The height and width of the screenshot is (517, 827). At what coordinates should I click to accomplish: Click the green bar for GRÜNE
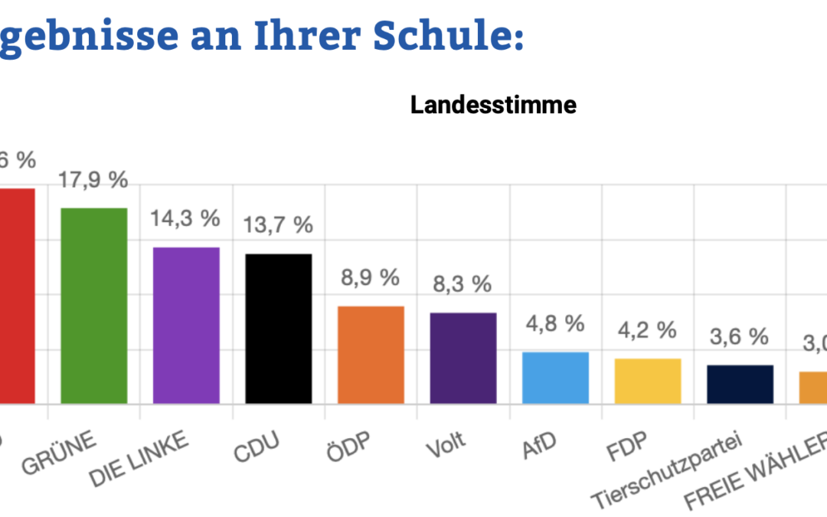(x=94, y=306)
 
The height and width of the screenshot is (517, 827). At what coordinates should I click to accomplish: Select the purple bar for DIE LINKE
(x=186, y=326)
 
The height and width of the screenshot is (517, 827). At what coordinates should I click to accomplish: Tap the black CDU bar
(x=279, y=329)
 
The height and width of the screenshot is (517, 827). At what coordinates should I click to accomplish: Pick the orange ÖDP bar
(x=371, y=355)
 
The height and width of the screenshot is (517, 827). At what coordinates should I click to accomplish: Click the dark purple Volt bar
(x=463, y=358)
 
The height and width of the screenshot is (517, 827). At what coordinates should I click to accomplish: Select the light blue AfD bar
(x=555, y=378)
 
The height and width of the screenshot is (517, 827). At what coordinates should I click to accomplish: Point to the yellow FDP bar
(x=648, y=381)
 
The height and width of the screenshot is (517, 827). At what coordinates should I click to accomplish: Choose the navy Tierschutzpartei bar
(x=740, y=384)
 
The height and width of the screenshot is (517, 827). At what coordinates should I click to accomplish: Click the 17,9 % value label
(x=93, y=182)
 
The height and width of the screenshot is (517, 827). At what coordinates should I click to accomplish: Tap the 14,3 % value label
(x=185, y=218)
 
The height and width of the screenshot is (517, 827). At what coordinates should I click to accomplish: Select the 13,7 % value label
(x=278, y=225)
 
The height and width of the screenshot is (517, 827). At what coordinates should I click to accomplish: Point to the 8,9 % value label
(x=370, y=277)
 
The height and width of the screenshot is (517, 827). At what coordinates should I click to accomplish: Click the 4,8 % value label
(x=555, y=323)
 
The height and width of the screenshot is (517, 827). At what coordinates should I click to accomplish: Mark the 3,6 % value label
(x=739, y=336)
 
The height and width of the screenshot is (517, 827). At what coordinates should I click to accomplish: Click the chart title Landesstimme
(x=493, y=105)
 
